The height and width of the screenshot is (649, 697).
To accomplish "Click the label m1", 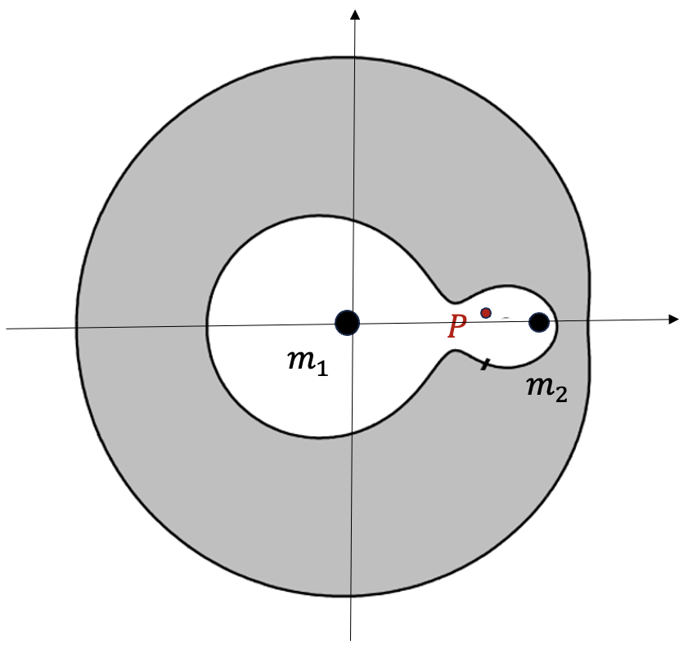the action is [x=308, y=362].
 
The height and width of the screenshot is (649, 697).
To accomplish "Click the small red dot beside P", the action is [x=486, y=313].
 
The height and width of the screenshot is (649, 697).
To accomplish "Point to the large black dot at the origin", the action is [x=348, y=323].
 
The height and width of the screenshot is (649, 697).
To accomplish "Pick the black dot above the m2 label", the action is [x=538, y=322].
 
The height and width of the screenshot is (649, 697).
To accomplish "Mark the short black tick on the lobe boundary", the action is [x=485, y=363].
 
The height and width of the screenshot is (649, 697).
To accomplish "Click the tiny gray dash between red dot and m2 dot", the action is [x=506, y=316].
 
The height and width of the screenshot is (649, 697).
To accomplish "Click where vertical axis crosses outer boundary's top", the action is [x=354, y=56].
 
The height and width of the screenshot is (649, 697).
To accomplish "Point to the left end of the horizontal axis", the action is [x=7, y=329].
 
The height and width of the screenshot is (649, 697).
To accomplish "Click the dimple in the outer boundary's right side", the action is [x=587, y=319].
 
